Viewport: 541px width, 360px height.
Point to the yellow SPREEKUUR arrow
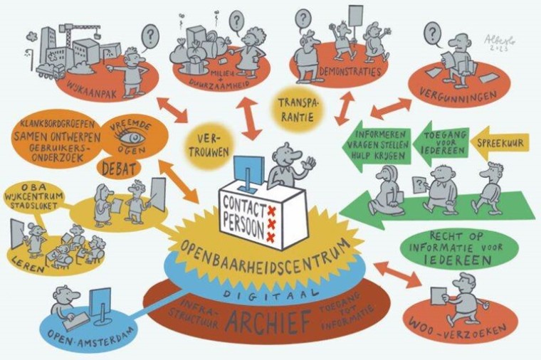click(x=499, y=140)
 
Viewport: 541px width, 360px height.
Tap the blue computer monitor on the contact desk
click(x=248, y=165)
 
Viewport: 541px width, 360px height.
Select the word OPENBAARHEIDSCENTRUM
click(x=271, y=257)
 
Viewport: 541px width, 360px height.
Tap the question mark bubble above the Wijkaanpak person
click(x=149, y=33)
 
